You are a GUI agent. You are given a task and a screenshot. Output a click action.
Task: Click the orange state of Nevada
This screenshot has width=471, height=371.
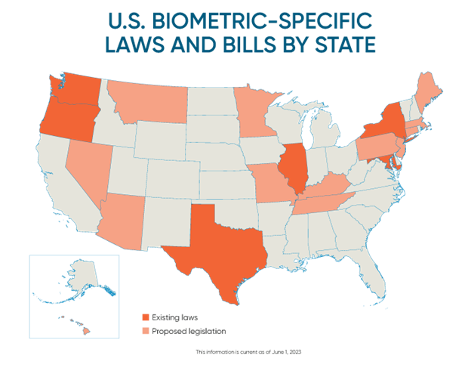click(x=87, y=162)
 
